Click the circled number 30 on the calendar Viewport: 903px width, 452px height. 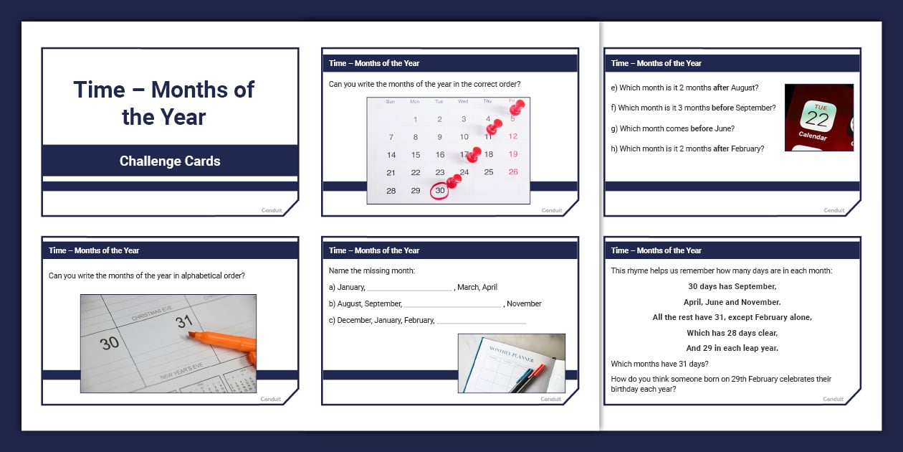(440, 191)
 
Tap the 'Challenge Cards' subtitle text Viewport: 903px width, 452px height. (170, 161)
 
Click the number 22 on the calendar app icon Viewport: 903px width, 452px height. (817, 119)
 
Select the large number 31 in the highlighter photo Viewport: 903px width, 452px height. (183, 321)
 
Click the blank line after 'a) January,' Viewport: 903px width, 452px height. (410, 290)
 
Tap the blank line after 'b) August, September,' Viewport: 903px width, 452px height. (453, 307)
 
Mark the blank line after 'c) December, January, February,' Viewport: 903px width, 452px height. (482, 323)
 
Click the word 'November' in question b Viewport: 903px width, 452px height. (524, 303)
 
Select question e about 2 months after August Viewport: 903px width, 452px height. (684, 88)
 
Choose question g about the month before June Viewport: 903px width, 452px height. (672, 128)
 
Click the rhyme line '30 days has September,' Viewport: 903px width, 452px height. (732, 286)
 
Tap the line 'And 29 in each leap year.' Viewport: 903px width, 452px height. (732, 348)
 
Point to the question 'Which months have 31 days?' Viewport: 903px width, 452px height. (659, 364)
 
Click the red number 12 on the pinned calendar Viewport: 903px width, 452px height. (513, 136)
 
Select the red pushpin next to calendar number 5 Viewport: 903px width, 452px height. (517, 108)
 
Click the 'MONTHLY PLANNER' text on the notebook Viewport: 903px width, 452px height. (511, 354)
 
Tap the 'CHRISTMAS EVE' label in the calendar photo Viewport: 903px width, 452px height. (152, 314)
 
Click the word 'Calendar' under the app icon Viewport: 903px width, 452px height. (813, 136)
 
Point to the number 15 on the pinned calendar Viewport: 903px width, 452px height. (416, 154)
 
